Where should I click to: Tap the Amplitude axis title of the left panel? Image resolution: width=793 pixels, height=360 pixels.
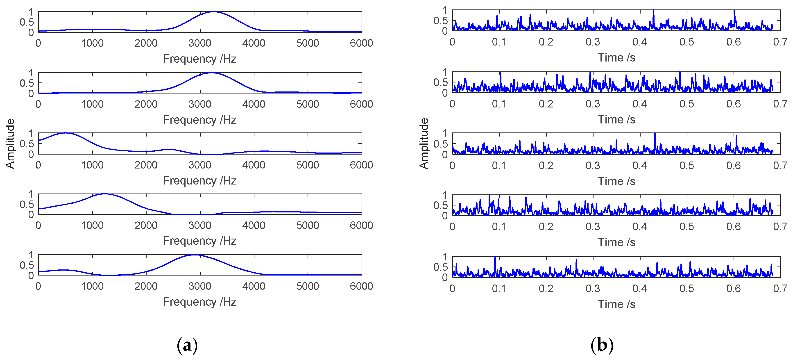coord(10,144)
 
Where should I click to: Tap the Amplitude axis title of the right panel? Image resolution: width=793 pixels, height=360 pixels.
coord(424,144)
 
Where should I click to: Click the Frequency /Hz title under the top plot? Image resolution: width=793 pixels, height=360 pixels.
coord(200,59)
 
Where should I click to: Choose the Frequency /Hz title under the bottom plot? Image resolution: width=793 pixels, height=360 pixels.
coord(200,302)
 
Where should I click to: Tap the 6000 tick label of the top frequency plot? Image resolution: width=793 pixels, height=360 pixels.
coord(361,43)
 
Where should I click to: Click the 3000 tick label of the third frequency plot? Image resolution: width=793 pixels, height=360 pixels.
coord(200,165)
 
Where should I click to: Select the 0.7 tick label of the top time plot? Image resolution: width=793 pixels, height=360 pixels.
coord(780,42)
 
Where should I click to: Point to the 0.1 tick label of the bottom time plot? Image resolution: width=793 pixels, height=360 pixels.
coord(499,289)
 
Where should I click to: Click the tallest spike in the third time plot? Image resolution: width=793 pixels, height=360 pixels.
coord(655,134)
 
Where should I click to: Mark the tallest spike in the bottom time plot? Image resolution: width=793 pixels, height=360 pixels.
coord(495,257)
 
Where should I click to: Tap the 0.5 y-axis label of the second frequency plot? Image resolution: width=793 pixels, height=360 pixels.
coord(27,83)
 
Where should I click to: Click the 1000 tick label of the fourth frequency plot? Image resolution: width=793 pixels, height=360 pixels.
coord(92,226)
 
